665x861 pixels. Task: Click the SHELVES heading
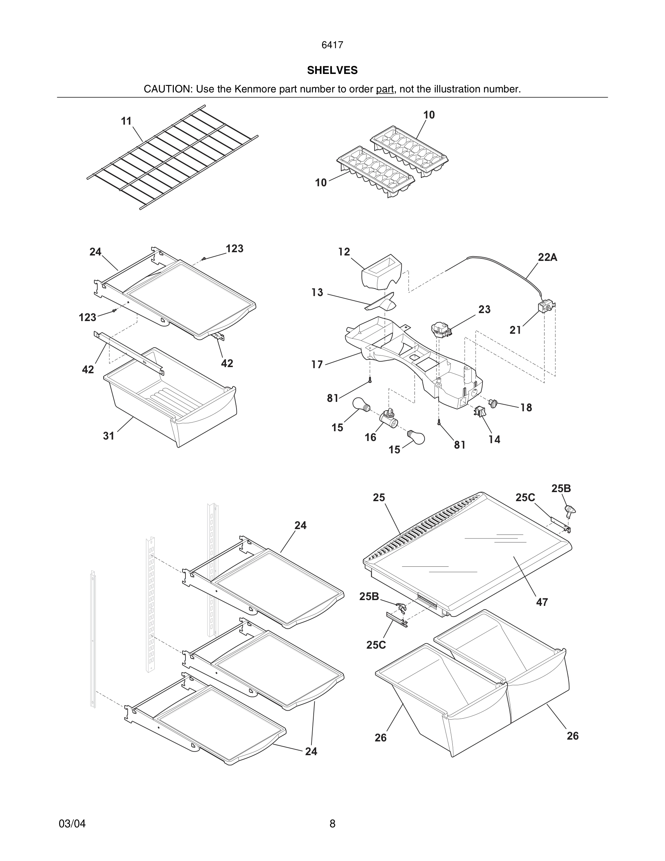332,70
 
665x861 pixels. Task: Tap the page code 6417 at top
332,45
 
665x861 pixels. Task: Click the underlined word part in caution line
385,90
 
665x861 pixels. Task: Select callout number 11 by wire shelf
126,121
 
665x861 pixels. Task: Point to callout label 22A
548,257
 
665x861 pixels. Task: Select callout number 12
344,251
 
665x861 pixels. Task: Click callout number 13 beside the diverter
317,292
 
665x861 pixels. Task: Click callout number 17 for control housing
317,364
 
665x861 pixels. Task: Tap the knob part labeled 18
493,403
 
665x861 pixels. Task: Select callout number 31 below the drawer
109,436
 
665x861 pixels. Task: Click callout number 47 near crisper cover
542,602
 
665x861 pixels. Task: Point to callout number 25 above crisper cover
378,498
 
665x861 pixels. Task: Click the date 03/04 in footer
72,824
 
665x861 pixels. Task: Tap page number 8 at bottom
332,824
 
